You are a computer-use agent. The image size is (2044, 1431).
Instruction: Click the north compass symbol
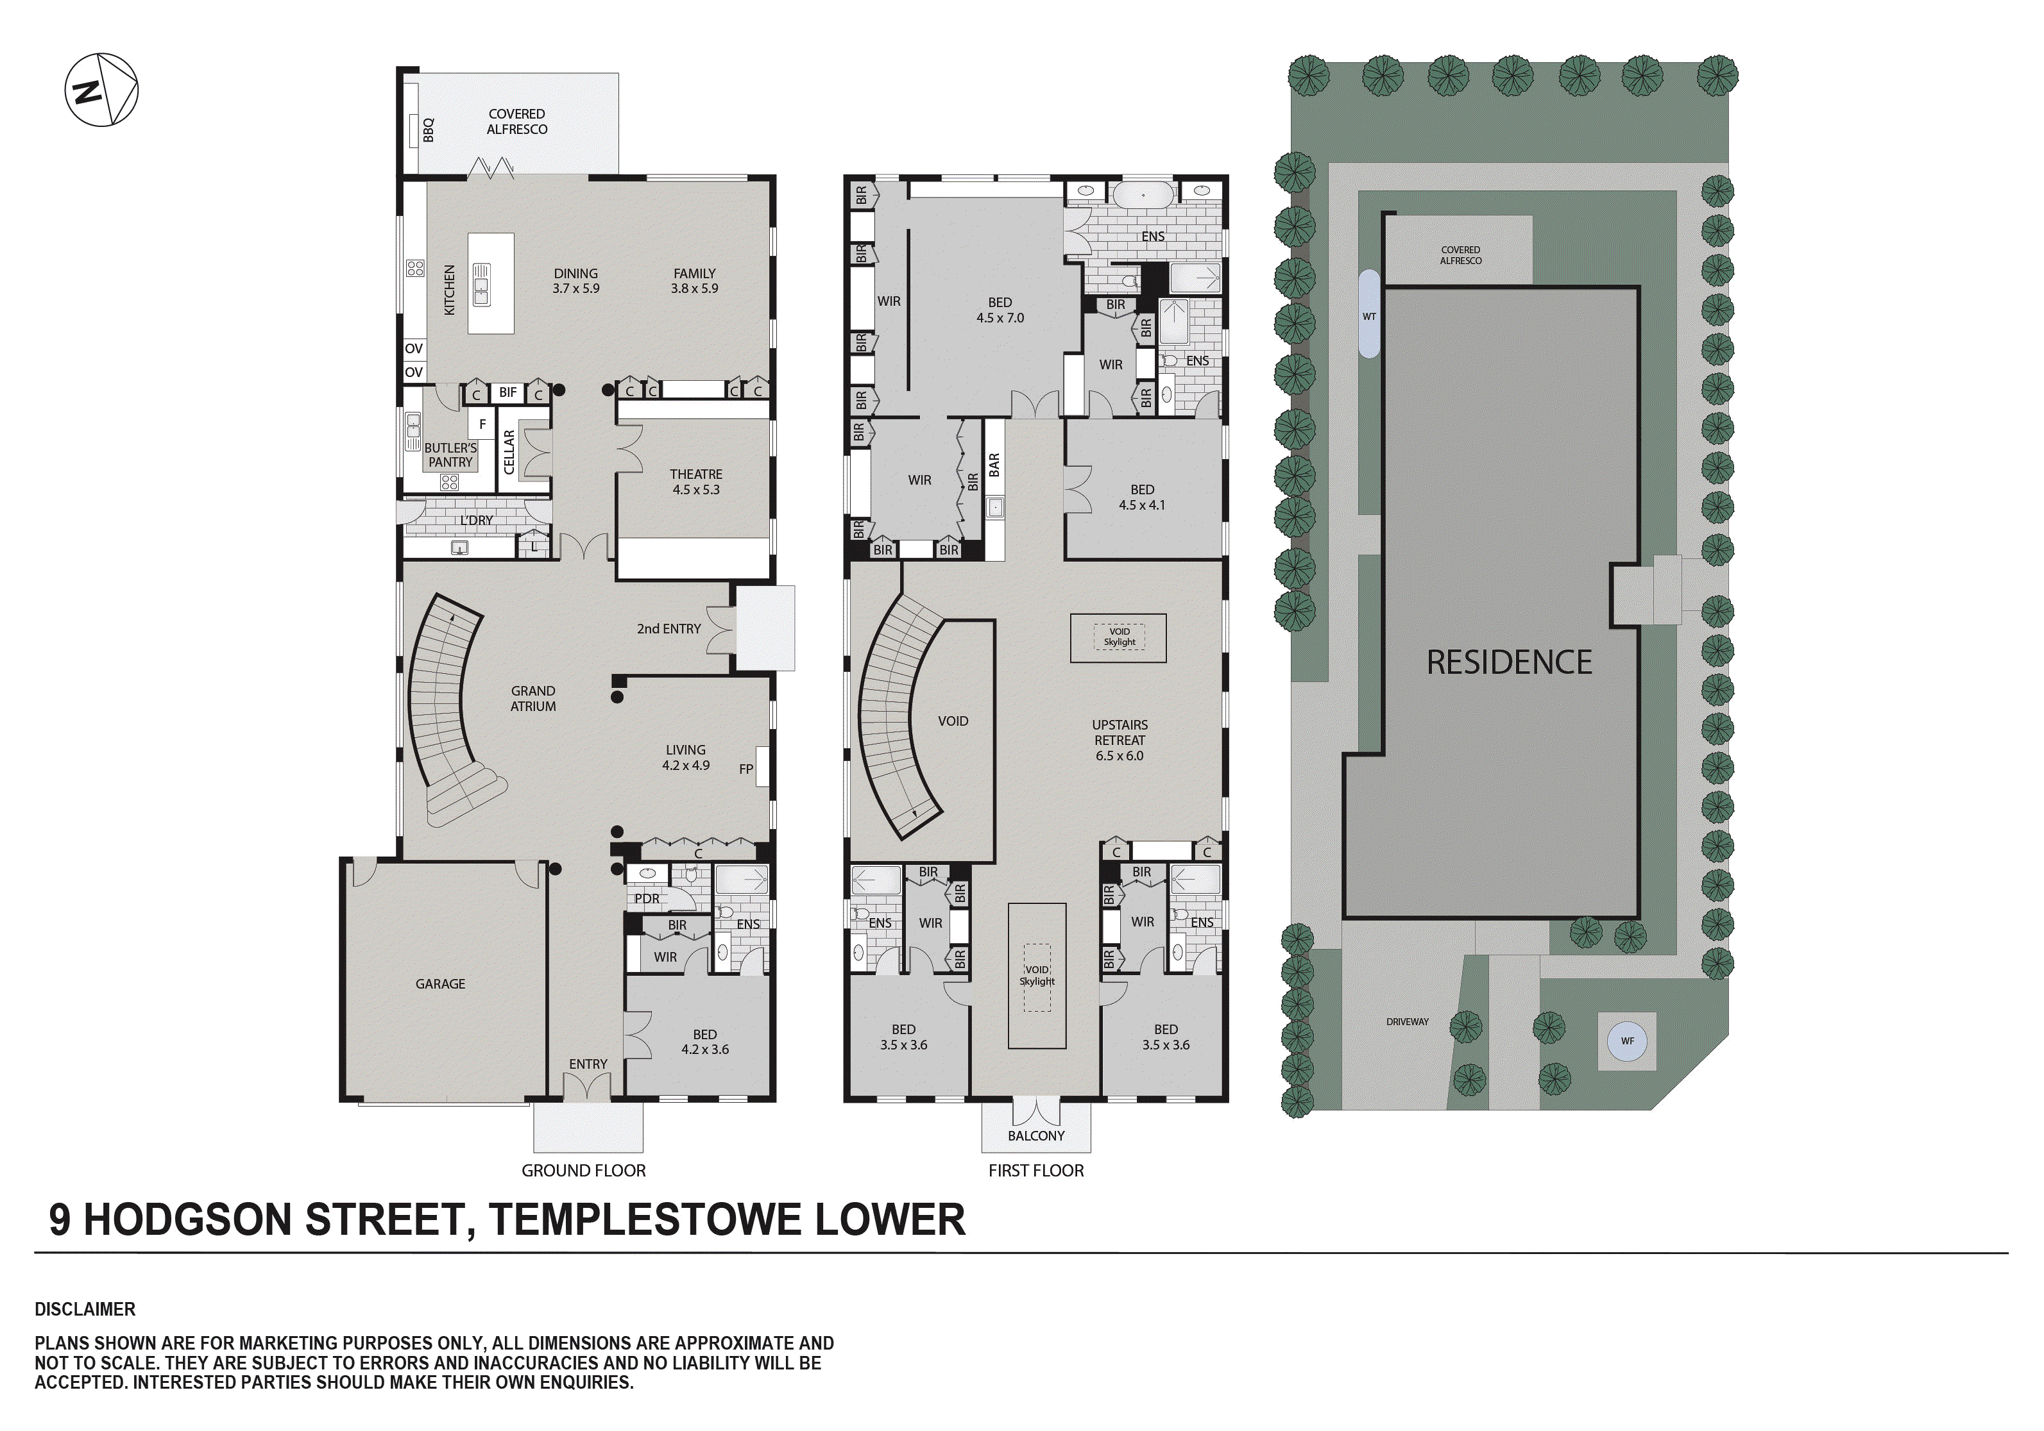(x=101, y=90)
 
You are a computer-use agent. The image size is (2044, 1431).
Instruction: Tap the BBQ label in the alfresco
(x=428, y=130)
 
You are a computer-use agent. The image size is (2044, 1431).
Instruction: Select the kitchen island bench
(x=491, y=283)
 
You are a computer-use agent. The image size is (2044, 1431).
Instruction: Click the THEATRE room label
(x=696, y=474)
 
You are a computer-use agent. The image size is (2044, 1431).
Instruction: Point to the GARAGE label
(x=439, y=983)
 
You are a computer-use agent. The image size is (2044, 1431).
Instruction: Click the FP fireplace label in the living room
(x=746, y=769)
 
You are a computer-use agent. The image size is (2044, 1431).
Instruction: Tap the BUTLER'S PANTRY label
(x=450, y=455)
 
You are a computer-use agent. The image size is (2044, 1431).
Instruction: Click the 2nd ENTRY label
(x=669, y=628)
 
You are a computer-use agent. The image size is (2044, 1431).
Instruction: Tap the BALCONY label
(x=1035, y=1135)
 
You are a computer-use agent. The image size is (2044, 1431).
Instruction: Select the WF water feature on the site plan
(x=1628, y=1041)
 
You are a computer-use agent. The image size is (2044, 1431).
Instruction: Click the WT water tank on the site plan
(x=1369, y=316)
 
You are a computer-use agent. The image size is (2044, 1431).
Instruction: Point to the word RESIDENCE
(x=1509, y=662)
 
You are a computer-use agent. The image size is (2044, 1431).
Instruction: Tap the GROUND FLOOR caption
(x=583, y=1170)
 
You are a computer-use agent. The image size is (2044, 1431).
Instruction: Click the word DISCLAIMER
(x=85, y=1309)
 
